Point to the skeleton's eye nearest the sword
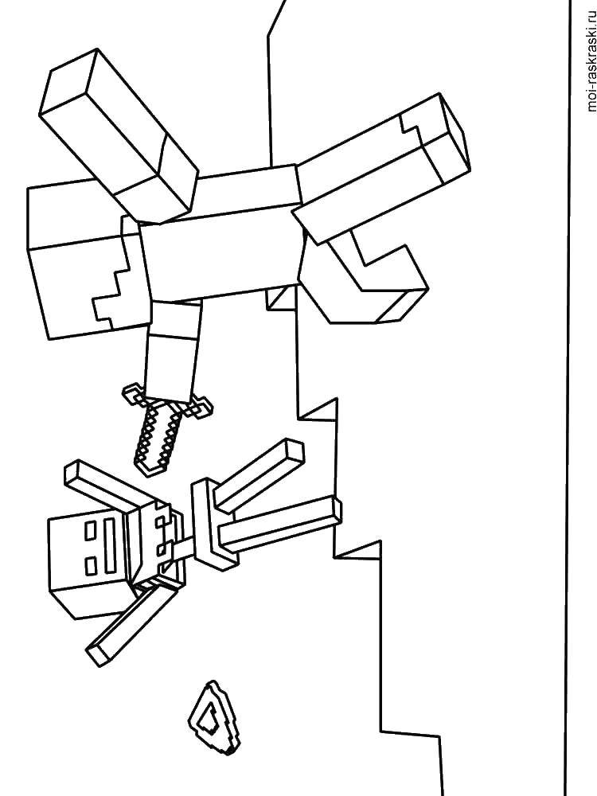(91, 531)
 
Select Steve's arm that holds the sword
(173, 350)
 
